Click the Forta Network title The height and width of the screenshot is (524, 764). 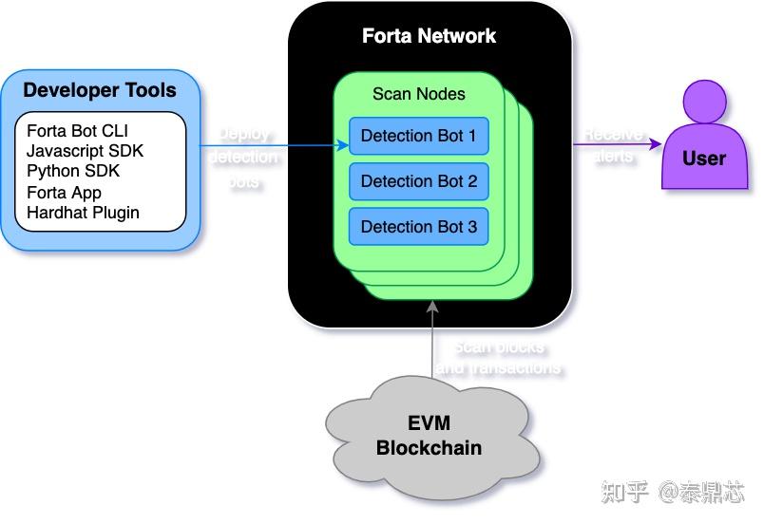pos(429,37)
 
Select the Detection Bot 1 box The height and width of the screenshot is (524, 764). pos(418,136)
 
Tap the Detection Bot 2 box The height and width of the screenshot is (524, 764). pos(418,181)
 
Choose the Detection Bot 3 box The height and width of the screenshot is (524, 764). pos(418,227)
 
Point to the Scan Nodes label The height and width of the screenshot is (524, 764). pos(418,94)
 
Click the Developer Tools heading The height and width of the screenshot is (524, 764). pos(100,91)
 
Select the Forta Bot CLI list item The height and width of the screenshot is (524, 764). pos(77,131)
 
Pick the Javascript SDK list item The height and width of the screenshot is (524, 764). pos(85,151)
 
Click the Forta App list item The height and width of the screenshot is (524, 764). pos(64,193)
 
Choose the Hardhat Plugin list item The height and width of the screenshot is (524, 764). pos(83,213)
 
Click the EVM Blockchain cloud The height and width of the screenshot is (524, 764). pos(429,436)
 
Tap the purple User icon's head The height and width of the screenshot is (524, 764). pos(704,102)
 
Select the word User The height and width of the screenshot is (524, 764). pos(704,159)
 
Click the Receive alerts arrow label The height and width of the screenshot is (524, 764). pos(613,145)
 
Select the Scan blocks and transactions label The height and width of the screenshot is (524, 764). pos(499,357)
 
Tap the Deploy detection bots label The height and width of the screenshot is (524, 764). pos(243,157)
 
